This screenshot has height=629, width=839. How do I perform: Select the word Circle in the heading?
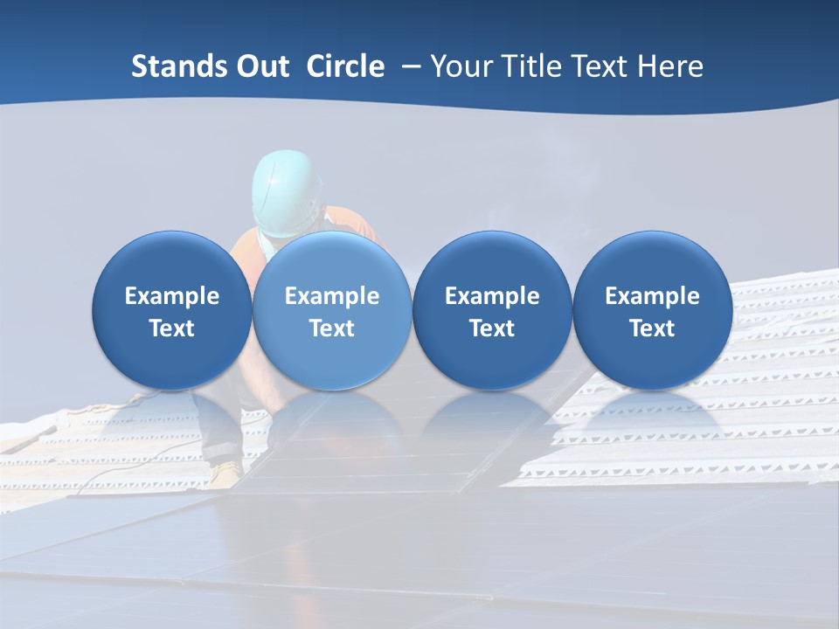(345, 66)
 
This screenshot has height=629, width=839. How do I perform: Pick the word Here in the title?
(671, 66)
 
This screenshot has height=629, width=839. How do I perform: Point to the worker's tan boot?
(225, 473)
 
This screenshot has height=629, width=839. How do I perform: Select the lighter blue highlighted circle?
(331, 311)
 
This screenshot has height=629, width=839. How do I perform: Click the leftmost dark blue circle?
(171, 311)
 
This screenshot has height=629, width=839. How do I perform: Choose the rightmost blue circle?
(652, 311)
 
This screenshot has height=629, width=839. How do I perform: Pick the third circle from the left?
(492, 311)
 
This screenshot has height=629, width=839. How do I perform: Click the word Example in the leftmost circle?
(171, 296)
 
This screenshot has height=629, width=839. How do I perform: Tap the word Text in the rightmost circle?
(652, 328)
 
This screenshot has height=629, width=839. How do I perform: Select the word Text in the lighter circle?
(331, 328)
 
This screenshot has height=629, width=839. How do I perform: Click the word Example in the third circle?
(492, 296)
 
